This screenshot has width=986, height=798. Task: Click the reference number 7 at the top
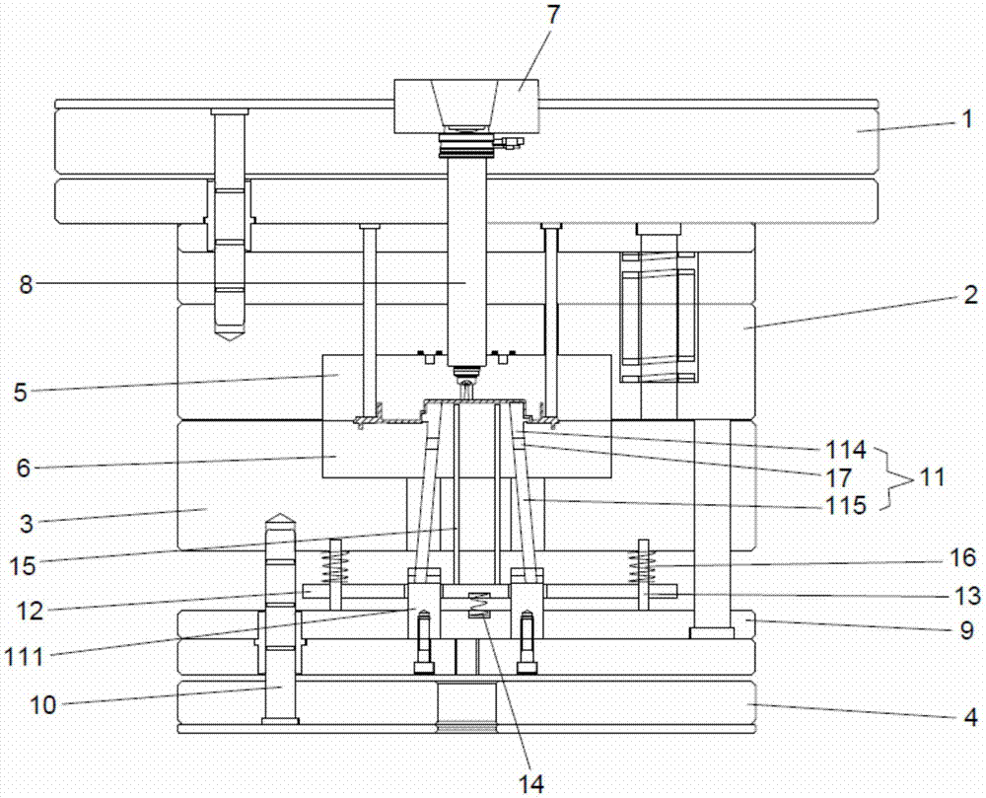[553, 16]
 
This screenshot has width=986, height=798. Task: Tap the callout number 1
[968, 119]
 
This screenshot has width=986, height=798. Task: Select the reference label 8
[26, 284]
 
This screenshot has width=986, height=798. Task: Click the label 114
[846, 450]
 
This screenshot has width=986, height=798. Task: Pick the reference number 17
[839, 478]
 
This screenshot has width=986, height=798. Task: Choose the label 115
[846, 505]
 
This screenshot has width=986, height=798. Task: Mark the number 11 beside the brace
[932, 477]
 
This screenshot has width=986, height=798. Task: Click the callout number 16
[963, 557]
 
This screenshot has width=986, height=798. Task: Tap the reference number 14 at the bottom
[530, 783]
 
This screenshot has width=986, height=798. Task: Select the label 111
[25, 657]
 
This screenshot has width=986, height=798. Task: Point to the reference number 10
[42, 705]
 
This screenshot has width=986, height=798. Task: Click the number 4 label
[971, 717]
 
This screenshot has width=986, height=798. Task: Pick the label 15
[23, 566]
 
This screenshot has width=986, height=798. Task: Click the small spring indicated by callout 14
[478, 605]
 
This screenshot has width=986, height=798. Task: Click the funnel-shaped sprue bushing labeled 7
[466, 107]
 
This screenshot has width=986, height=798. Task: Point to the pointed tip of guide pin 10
[280, 514]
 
